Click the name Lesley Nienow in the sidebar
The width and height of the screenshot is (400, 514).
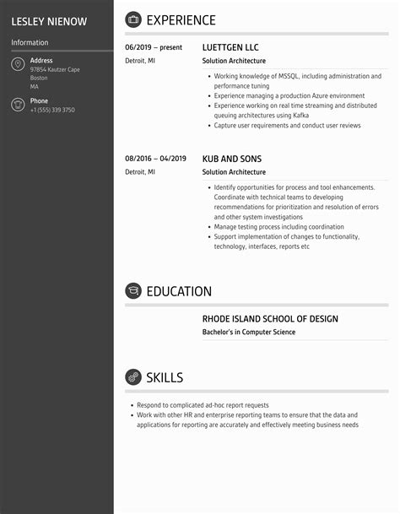49,21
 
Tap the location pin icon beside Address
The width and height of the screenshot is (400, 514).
18,65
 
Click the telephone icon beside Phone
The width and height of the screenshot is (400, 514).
18,105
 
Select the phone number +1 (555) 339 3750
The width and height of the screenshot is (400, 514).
52,110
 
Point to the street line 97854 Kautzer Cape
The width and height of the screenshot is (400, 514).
55,70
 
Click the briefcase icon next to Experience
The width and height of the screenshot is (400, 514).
133,20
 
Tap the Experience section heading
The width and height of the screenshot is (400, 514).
181,20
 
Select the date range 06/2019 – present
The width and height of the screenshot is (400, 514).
154,48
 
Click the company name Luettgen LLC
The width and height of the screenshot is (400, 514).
231,48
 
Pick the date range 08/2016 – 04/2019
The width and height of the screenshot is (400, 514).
155,159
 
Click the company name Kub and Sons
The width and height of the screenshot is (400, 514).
232,159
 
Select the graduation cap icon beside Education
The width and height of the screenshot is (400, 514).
133,291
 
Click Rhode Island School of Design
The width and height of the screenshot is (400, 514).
270,319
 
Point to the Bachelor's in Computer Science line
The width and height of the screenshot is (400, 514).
249,333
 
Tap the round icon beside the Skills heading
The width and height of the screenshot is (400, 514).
133,377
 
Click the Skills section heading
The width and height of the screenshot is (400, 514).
165,377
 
